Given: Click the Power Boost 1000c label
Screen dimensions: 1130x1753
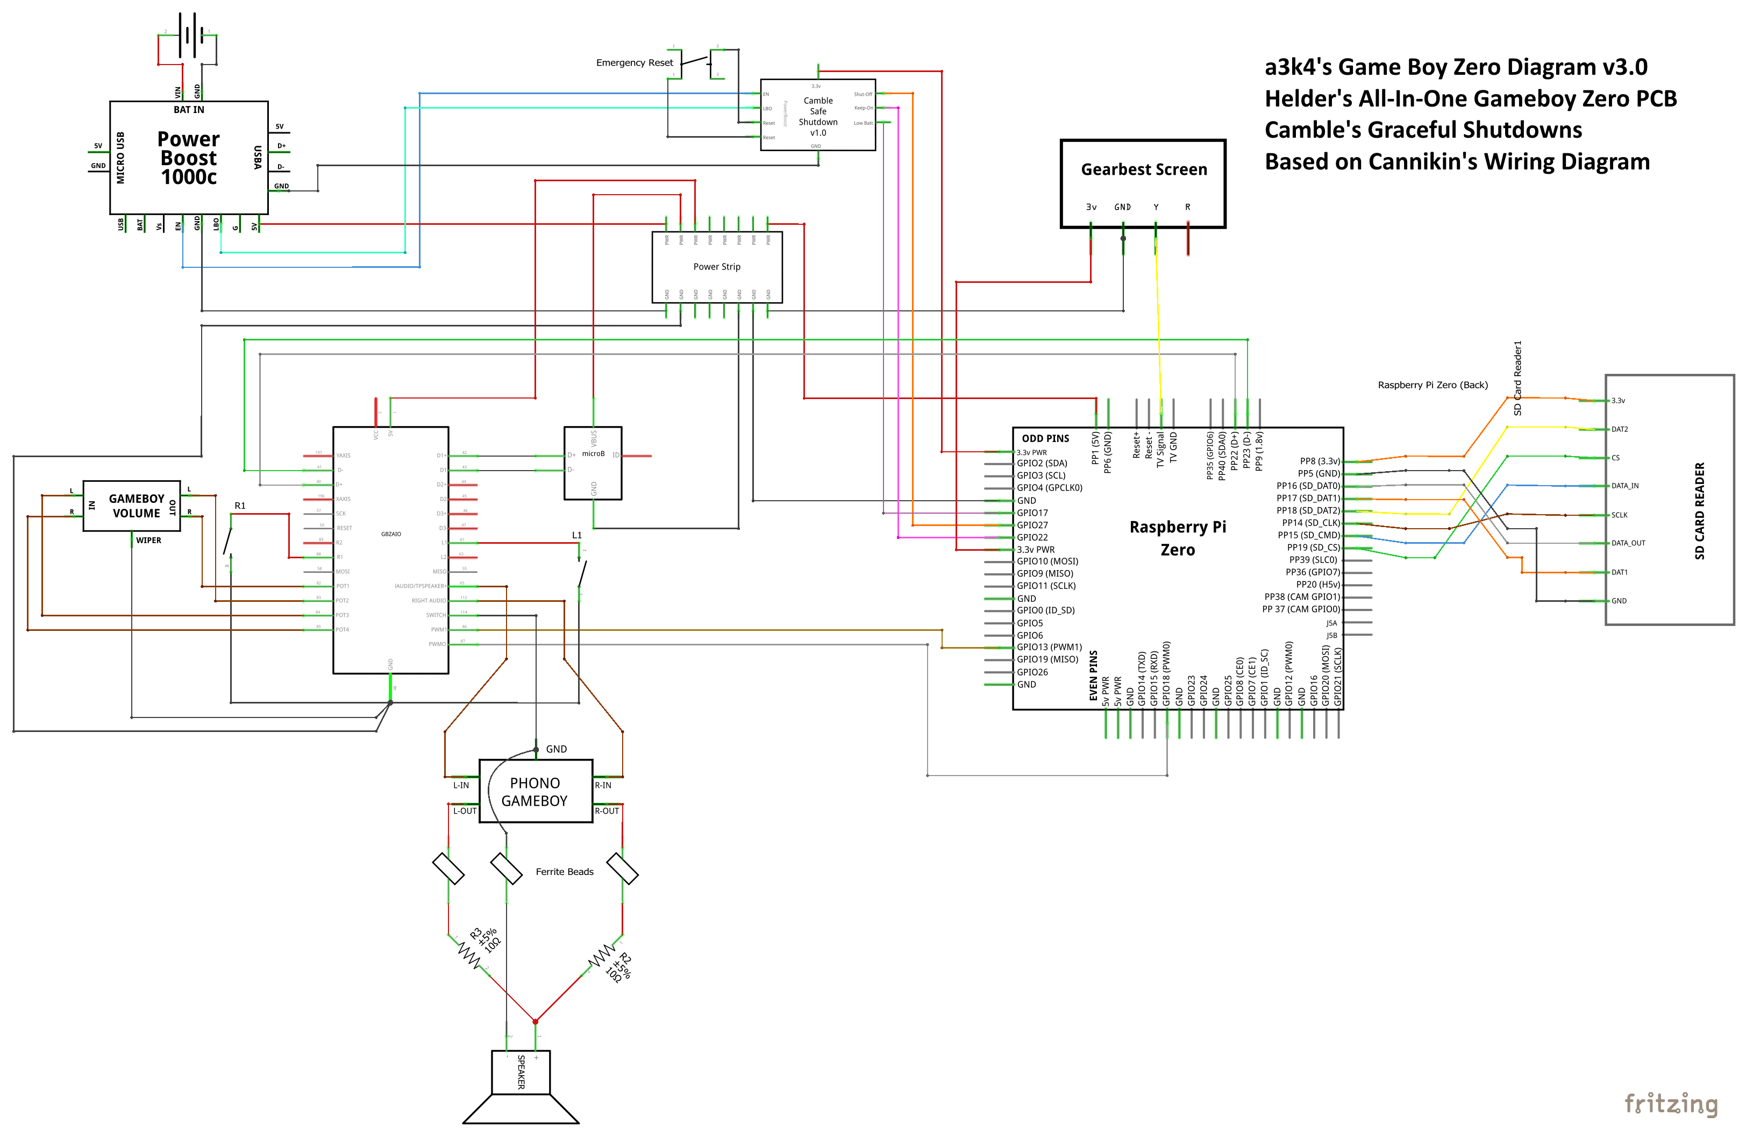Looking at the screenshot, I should tap(189, 158).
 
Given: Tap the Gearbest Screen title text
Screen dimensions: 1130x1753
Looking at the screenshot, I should tap(1144, 169).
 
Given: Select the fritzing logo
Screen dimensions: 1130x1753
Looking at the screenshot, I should tap(1671, 1103).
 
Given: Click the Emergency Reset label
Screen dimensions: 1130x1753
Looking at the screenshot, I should tap(635, 63).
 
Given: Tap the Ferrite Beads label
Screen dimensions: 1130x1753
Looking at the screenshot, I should tap(564, 872).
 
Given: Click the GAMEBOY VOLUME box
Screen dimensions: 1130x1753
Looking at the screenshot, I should tap(133, 506).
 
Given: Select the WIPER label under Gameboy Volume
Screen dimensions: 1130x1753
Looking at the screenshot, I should tap(148, 541).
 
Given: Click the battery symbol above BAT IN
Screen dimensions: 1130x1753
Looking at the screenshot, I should tap(189, 34).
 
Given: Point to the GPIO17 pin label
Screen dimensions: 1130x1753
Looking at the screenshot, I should tap(1032, 513).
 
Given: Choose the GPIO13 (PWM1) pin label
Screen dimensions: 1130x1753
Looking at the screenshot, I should tap(1049, 647).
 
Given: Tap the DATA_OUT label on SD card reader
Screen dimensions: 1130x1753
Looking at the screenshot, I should tap(1628, 543).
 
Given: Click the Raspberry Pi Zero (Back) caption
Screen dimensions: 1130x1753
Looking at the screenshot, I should tap(1433, 385).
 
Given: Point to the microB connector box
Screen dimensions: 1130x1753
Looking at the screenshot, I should tap(593, 463).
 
